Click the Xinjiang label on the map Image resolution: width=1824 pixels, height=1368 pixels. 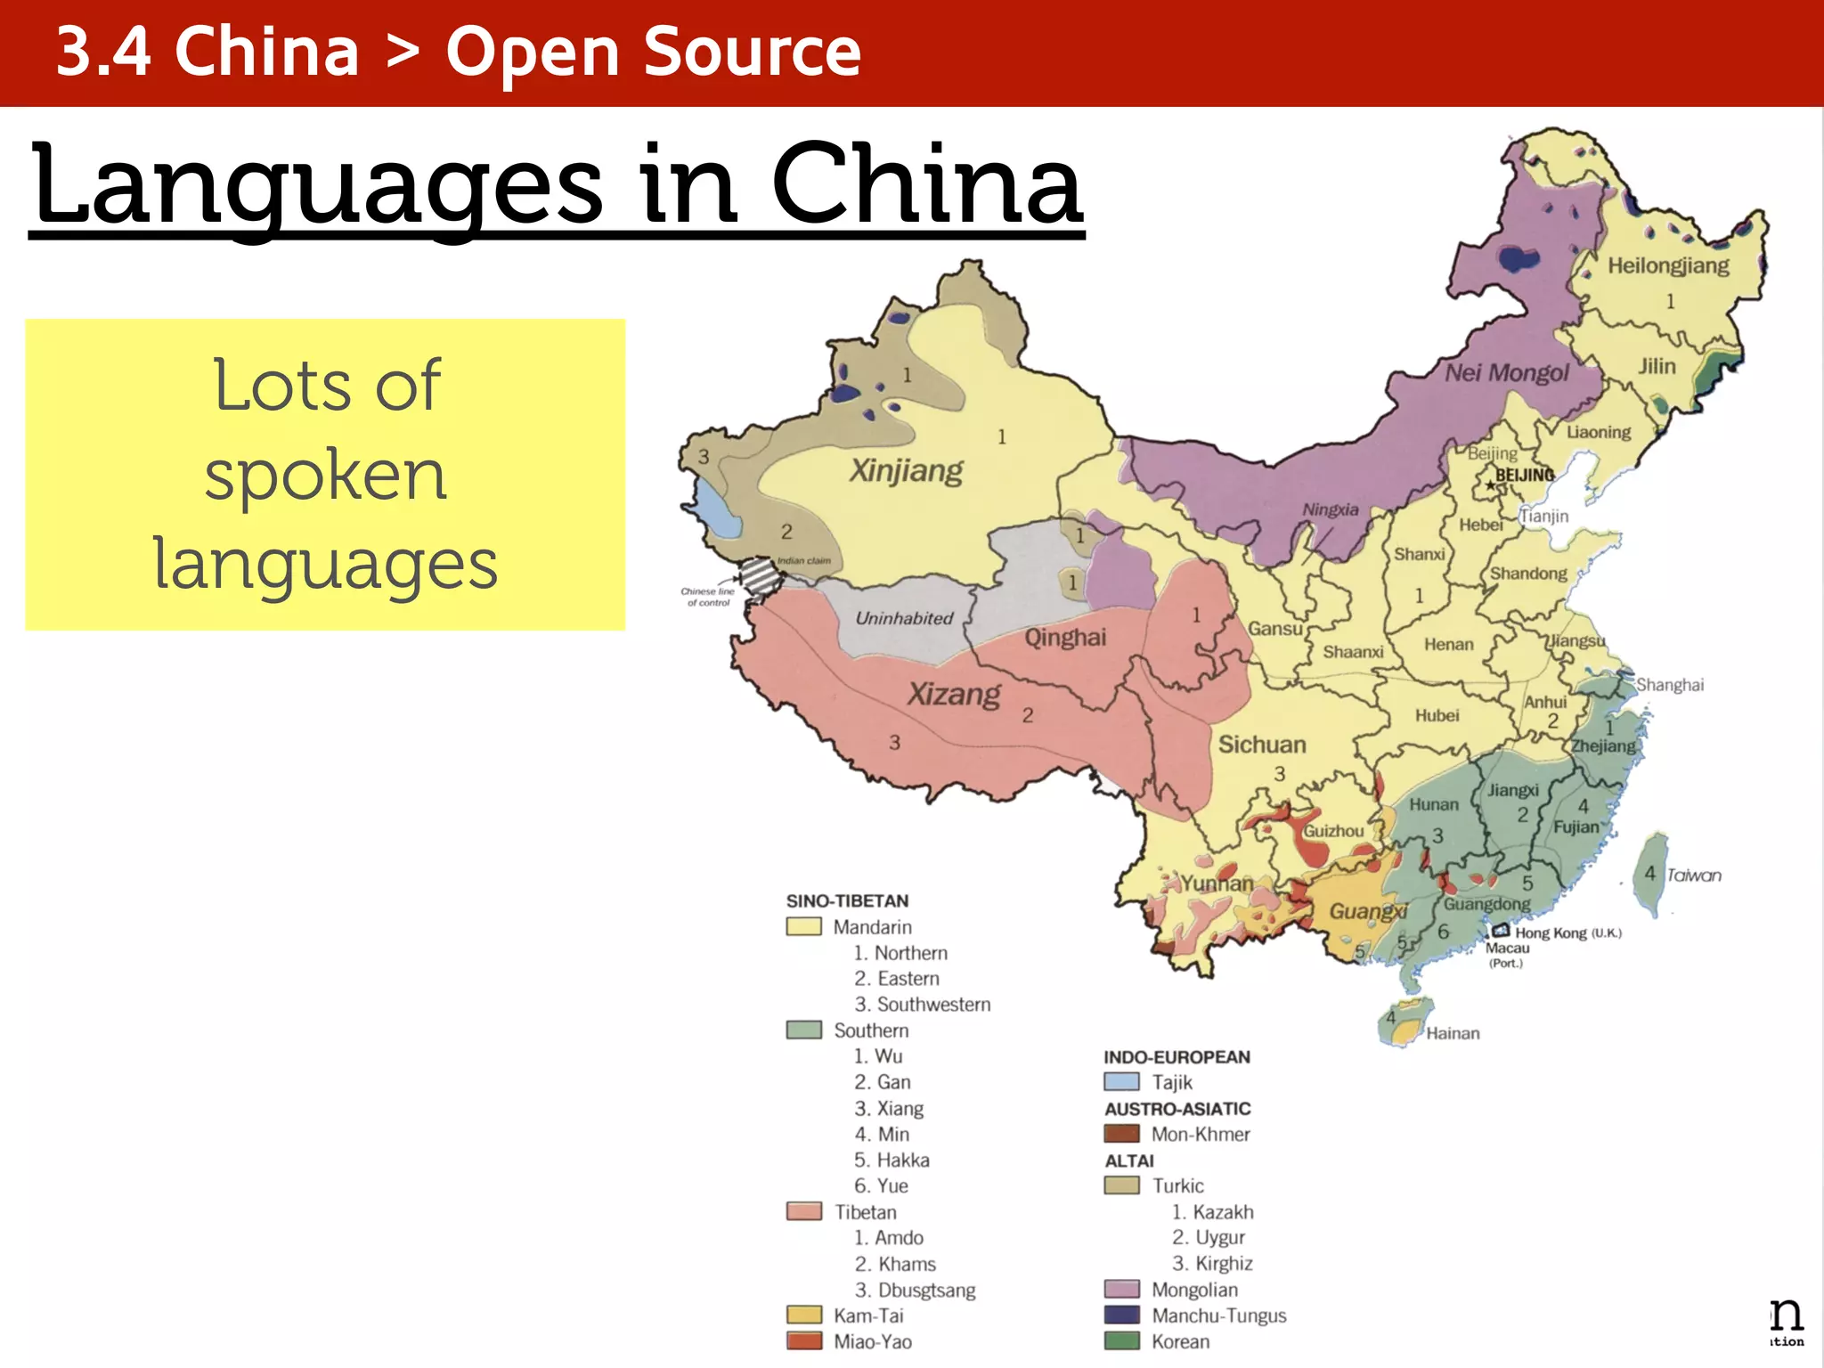pyautogui.click(x=906, y=470)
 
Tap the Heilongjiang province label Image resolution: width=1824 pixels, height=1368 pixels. pyautogui.click(x=1668, y=265)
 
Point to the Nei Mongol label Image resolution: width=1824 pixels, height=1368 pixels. pyautogui.click(x=1506, y=372)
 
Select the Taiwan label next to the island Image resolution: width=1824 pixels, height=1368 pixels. pyautogui.click(x=1694, y=875)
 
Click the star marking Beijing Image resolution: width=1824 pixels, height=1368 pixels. pyautogui.click(x=1490, y=485)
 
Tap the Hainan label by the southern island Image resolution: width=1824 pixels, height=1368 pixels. pyautogui.click(x=1453, y=1033)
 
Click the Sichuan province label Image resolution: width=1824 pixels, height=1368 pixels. pyautogui.click(x=1262, y=745)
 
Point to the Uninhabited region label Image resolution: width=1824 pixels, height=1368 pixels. pyautogui.click(x=904, y=618)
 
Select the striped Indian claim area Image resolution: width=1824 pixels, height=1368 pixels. pyautogui.click(x=761, y=576)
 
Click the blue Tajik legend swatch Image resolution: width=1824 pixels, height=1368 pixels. pyautogui.click(x=1121, y=1082)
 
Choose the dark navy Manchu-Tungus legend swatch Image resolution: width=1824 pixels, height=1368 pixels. pyautogui.click(x=1121, y=1315)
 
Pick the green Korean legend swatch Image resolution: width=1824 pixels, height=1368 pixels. pyautogui.click(x=1121, y=1340)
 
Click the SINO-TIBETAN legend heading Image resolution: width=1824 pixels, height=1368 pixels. pyautogui.click(x=847, y=900)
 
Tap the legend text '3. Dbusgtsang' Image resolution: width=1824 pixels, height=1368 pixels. pyautogui.click(x=915, y=1290)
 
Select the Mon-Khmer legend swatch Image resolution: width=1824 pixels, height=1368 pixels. pyautogui.click(x=1121, y=1134)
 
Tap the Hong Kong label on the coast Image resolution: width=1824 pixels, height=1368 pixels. pyautogui.click(x=1551, y=932)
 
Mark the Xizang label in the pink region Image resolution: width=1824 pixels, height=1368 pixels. pyautogui.click(x=954, y=694)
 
